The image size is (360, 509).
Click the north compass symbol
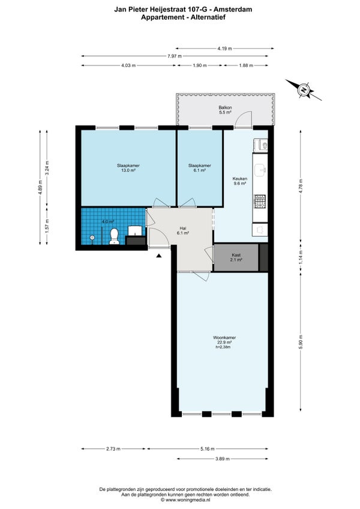point(304,90)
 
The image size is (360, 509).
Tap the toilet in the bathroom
point(114,236)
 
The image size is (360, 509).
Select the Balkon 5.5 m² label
point(225,110)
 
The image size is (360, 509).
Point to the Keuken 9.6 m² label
point(239,181)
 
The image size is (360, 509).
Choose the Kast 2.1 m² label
point(236,258)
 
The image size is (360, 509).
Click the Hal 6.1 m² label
point(183,230)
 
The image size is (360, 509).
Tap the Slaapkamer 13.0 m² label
point(128,167)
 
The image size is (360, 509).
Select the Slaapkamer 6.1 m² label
point(200,167)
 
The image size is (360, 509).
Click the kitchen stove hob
point(260,201)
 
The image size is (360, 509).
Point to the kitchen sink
point(260,170)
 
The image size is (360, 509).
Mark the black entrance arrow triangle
point(159,256)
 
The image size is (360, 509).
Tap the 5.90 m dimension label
point(301,342)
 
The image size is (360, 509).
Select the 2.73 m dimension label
point(113,449)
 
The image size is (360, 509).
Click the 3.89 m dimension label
point(223,459)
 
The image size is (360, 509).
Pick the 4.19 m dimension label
point(224,49)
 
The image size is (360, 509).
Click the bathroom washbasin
point(135,231)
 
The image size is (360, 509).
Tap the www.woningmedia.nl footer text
point(188,500)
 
